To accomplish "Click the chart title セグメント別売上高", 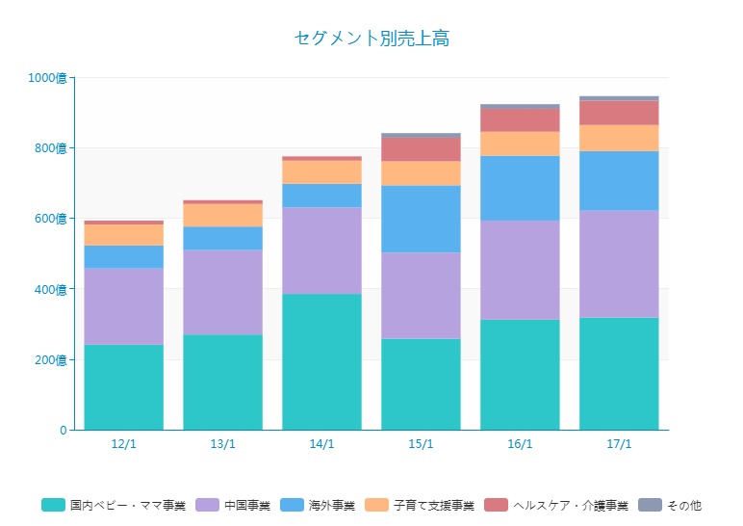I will coord(371,39).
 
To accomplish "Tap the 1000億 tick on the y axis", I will coord(48,78).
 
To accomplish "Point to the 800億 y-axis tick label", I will coord(51,148).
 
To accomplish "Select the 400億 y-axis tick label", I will coord(51,289).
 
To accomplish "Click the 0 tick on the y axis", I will coord(63,430).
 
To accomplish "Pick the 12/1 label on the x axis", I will coord(123,444).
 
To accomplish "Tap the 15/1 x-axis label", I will coord(421,444).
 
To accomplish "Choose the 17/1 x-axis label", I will coord(619,444).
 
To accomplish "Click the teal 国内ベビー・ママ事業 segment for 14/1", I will coord(321,361).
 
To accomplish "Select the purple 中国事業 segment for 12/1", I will coord(123,306).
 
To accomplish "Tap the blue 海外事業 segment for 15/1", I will coord(421,219).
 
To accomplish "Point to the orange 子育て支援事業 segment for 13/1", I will coord(222,215).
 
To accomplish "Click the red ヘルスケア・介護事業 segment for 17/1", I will coord(619,113).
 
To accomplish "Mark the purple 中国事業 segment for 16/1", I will coord(520,270).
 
